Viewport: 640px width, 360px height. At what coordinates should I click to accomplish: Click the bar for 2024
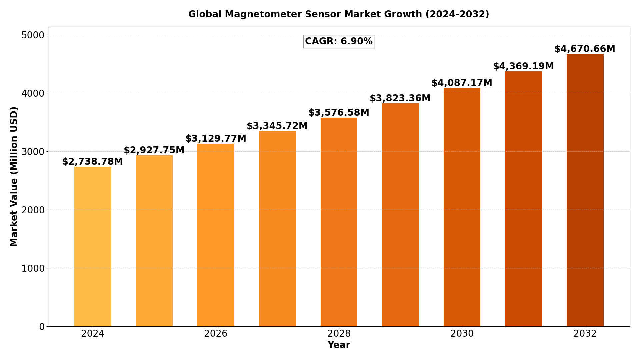tap(93, 247)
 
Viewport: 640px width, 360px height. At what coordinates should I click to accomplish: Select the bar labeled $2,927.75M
tap(154, 241)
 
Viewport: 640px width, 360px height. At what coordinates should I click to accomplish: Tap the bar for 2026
tap(216, 235)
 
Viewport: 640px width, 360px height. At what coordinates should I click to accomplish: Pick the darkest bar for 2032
tap(585, 190)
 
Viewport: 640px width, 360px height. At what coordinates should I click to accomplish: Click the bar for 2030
tap(462, 207)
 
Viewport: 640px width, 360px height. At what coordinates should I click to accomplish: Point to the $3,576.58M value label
tap(339, 113)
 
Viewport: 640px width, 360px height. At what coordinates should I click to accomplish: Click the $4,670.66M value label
tap(585, 49)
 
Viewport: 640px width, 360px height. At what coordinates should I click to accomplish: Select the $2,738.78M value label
tap(92, 162)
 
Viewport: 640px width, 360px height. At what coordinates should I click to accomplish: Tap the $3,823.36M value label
tap(400, 98)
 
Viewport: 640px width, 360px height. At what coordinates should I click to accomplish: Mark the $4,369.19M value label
tap(523, 66)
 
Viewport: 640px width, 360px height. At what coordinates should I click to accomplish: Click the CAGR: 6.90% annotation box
tap(339, 42)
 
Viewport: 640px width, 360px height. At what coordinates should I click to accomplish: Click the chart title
tap(339, 14)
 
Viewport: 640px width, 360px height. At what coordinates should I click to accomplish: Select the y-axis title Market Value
tap(14, 176)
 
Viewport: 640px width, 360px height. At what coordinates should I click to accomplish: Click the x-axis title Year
tap(339, 345)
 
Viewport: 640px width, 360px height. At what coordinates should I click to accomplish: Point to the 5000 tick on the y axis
tap(33, 35)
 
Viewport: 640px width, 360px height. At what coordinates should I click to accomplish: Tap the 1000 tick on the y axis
tap(33, 268)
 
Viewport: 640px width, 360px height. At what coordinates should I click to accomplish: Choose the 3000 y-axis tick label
tap(33, 152)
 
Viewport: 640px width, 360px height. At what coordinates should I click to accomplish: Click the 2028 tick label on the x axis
tap(339, 334)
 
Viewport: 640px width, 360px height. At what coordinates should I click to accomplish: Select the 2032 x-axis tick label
tap(585, 334)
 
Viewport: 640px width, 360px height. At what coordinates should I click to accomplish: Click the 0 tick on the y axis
tap(42, 327)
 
